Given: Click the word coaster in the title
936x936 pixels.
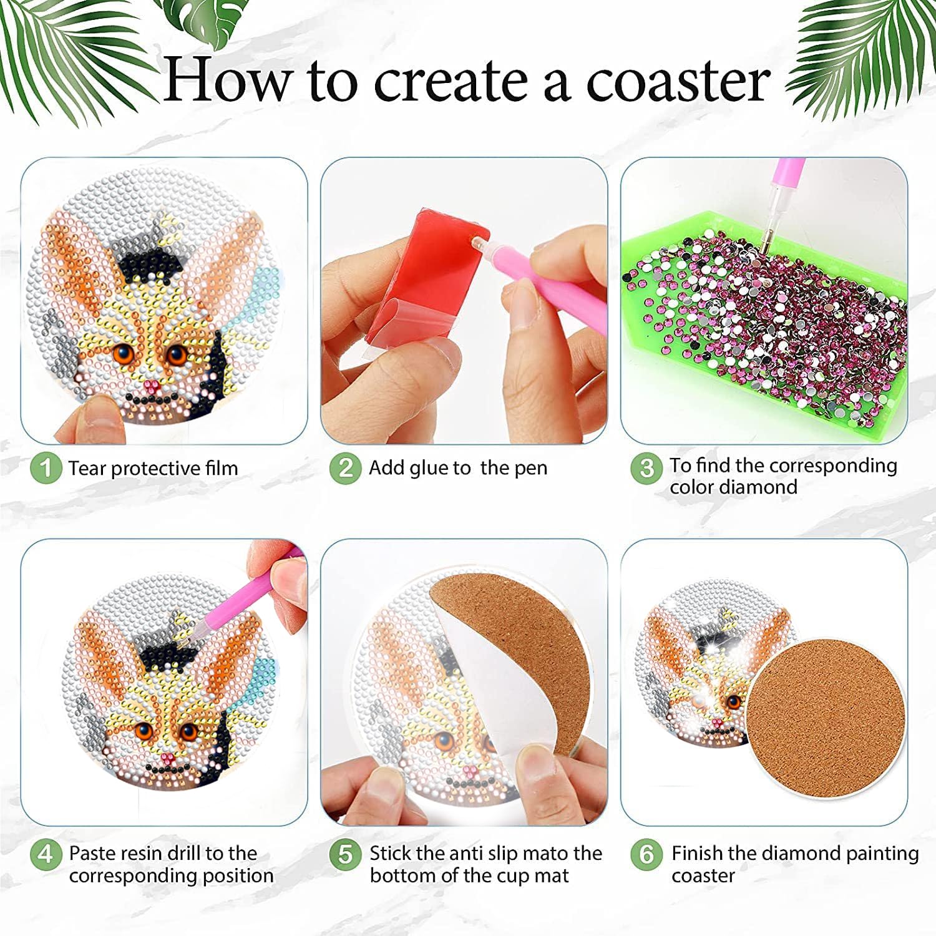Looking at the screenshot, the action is click(678, 82).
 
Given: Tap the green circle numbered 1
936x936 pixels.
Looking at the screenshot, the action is click(46, 468).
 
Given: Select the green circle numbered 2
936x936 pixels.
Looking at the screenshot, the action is click(346, 468).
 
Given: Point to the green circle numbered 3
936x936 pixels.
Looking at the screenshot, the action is click(646, 468).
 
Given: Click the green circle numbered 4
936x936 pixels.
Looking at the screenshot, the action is click(46, 854).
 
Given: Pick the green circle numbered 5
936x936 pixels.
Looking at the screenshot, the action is click(346, 854).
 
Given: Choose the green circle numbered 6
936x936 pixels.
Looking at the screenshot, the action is click(646, 854).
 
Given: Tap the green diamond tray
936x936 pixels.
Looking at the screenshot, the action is click(764, 324).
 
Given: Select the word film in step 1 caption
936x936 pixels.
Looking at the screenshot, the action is click(222, 468).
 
